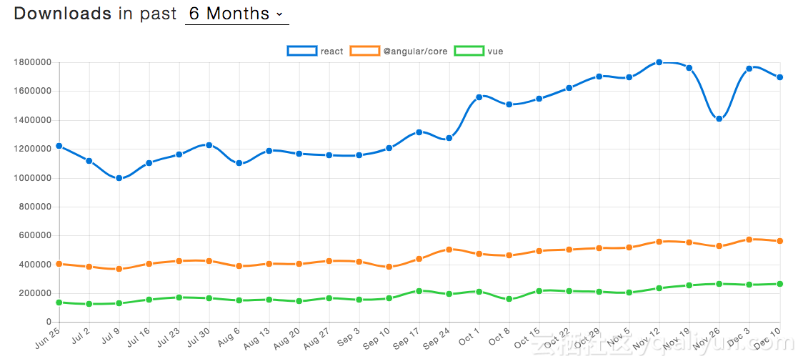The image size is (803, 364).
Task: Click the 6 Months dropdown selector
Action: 236,14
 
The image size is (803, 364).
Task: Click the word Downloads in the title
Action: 63,14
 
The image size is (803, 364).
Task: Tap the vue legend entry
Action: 480,51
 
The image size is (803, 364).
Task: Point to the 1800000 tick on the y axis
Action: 32,62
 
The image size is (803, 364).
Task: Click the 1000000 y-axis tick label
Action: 32,178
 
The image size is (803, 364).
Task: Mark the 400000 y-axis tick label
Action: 34,265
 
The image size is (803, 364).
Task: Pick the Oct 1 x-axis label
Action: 469,337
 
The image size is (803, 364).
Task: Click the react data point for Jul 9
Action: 119,178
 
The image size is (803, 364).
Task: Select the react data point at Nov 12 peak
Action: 659,62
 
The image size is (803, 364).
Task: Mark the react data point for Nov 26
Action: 719,119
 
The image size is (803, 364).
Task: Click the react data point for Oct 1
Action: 479,97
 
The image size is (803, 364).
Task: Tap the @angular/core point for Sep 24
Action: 449,250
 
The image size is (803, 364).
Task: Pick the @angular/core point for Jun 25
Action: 59,264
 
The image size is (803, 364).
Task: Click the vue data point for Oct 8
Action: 509,299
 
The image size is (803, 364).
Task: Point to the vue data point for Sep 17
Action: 419,291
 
